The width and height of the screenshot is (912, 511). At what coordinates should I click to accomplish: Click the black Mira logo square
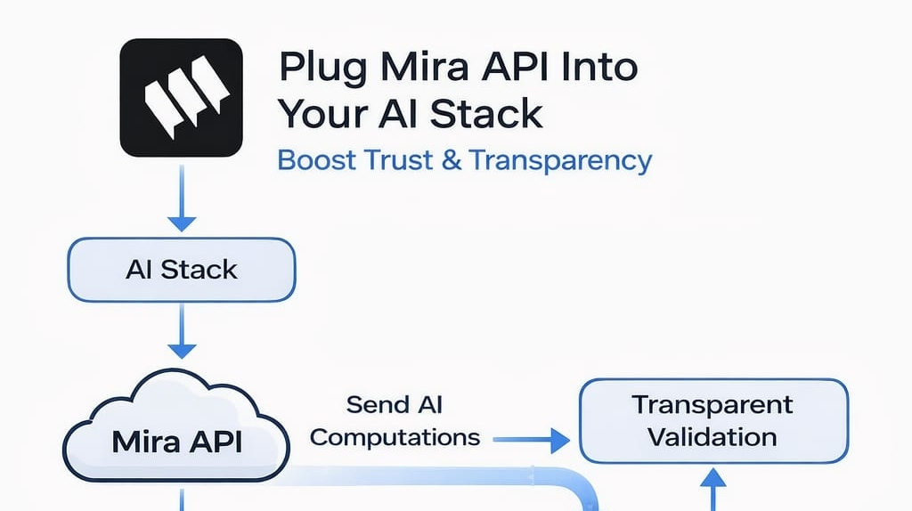(181, 98)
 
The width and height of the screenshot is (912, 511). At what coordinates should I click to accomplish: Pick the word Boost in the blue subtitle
(317, 160)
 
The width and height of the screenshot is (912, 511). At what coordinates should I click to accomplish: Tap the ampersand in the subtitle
(452, 160)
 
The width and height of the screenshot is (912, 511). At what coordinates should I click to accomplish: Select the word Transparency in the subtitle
(561, 161)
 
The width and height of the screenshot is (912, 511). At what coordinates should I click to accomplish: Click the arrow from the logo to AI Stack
(182, 198)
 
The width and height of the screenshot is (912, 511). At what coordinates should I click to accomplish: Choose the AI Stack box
(182, 270)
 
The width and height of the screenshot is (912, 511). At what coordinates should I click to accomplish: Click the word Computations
(395, 438)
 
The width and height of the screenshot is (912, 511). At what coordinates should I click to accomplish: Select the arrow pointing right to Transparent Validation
(531, 440)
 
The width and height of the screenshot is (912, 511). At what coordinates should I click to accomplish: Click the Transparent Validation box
(713, 421)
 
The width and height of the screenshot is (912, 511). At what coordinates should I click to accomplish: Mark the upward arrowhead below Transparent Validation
(713, 478)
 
